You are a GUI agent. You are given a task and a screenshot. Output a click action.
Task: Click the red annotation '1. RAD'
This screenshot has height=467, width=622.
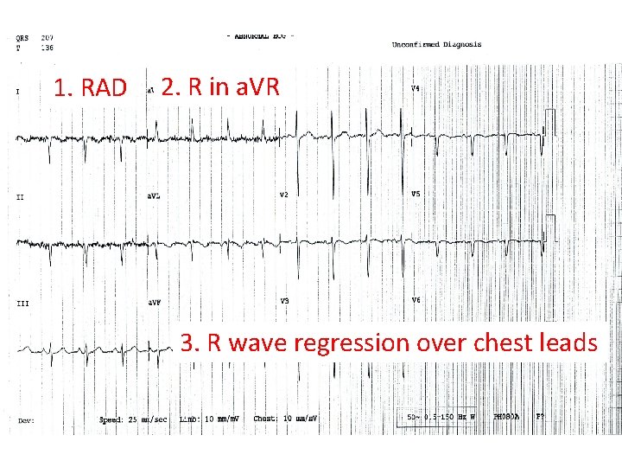(90, 88)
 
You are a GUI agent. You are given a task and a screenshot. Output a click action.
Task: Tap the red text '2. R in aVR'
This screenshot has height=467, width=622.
(220, 87)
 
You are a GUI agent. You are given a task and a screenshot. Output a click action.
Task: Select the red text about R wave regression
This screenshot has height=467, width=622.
(389, 342)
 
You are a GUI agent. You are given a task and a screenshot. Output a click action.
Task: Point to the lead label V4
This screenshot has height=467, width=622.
(415, 89)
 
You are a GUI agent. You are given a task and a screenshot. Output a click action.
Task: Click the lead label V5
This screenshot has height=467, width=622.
(415, 194)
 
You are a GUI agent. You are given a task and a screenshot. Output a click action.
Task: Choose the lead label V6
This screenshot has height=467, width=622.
(416, 300)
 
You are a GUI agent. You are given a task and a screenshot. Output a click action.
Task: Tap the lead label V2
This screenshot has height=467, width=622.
(284, 195)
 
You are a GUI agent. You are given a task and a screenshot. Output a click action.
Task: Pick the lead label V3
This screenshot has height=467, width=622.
(284, 301)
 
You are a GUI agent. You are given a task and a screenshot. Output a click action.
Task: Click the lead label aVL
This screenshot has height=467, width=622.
(153, 195)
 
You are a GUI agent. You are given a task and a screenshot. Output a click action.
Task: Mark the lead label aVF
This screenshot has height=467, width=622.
(153, 302)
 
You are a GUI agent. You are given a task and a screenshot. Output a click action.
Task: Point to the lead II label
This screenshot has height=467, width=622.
(20, 196)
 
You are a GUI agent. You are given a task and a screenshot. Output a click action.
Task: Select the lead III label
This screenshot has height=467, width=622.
(22, 303)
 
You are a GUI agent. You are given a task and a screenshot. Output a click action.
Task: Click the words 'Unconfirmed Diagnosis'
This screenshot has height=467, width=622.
(436, 44)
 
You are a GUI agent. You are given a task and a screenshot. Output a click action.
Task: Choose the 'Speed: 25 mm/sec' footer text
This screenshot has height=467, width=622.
(133, 419)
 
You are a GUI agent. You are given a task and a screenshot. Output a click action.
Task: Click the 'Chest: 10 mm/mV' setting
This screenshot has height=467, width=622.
(285, 419)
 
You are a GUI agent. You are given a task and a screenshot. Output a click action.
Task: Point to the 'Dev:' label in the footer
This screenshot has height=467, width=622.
(25, 421)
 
